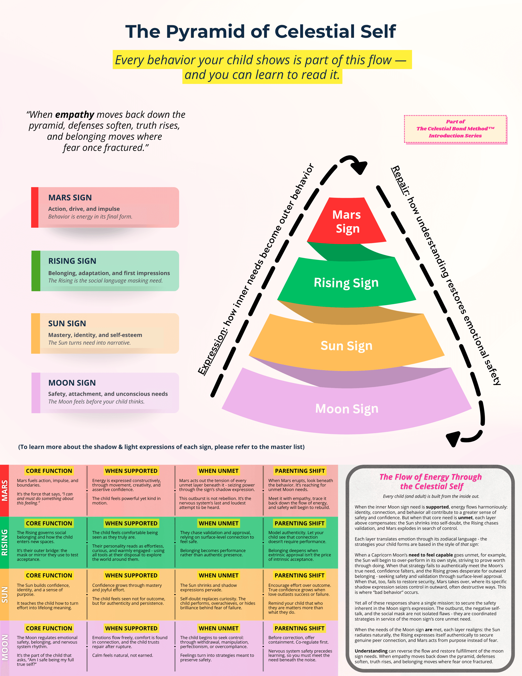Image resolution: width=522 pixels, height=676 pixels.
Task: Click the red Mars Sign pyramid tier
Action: pyautogui.click(x=346, y=221)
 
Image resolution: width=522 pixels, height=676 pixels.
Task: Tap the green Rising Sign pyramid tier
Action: pyautogui.click(x=346, y=283)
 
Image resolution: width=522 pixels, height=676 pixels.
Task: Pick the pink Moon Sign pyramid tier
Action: pyautogui.click(x=346, y=409)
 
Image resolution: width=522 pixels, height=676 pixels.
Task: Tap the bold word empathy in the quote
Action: pyautogui.click(x=75, y=115)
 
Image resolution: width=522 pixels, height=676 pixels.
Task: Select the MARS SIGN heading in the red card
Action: pyautogui.click(x=70, y=197)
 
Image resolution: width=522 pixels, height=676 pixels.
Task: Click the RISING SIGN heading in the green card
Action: pyautogui.click(x=72, y=261)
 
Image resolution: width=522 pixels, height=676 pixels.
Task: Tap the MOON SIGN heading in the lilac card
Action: pyautogui.click(x=72, y=383)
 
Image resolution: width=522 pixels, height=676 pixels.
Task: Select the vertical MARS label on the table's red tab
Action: pyautogui.click(x=5, y=490)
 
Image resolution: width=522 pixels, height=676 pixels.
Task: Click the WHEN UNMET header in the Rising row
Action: pyautogui.click(x=218, y=523)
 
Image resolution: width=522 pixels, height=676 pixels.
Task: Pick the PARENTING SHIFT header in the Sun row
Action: pyautogui.click(x=299, y=575)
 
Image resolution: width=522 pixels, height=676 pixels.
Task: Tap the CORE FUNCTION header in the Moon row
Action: pyautogui.click(x=49, y=628)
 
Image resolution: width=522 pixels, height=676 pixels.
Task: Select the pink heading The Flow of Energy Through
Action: pyautogui.click(x=431, y=477)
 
